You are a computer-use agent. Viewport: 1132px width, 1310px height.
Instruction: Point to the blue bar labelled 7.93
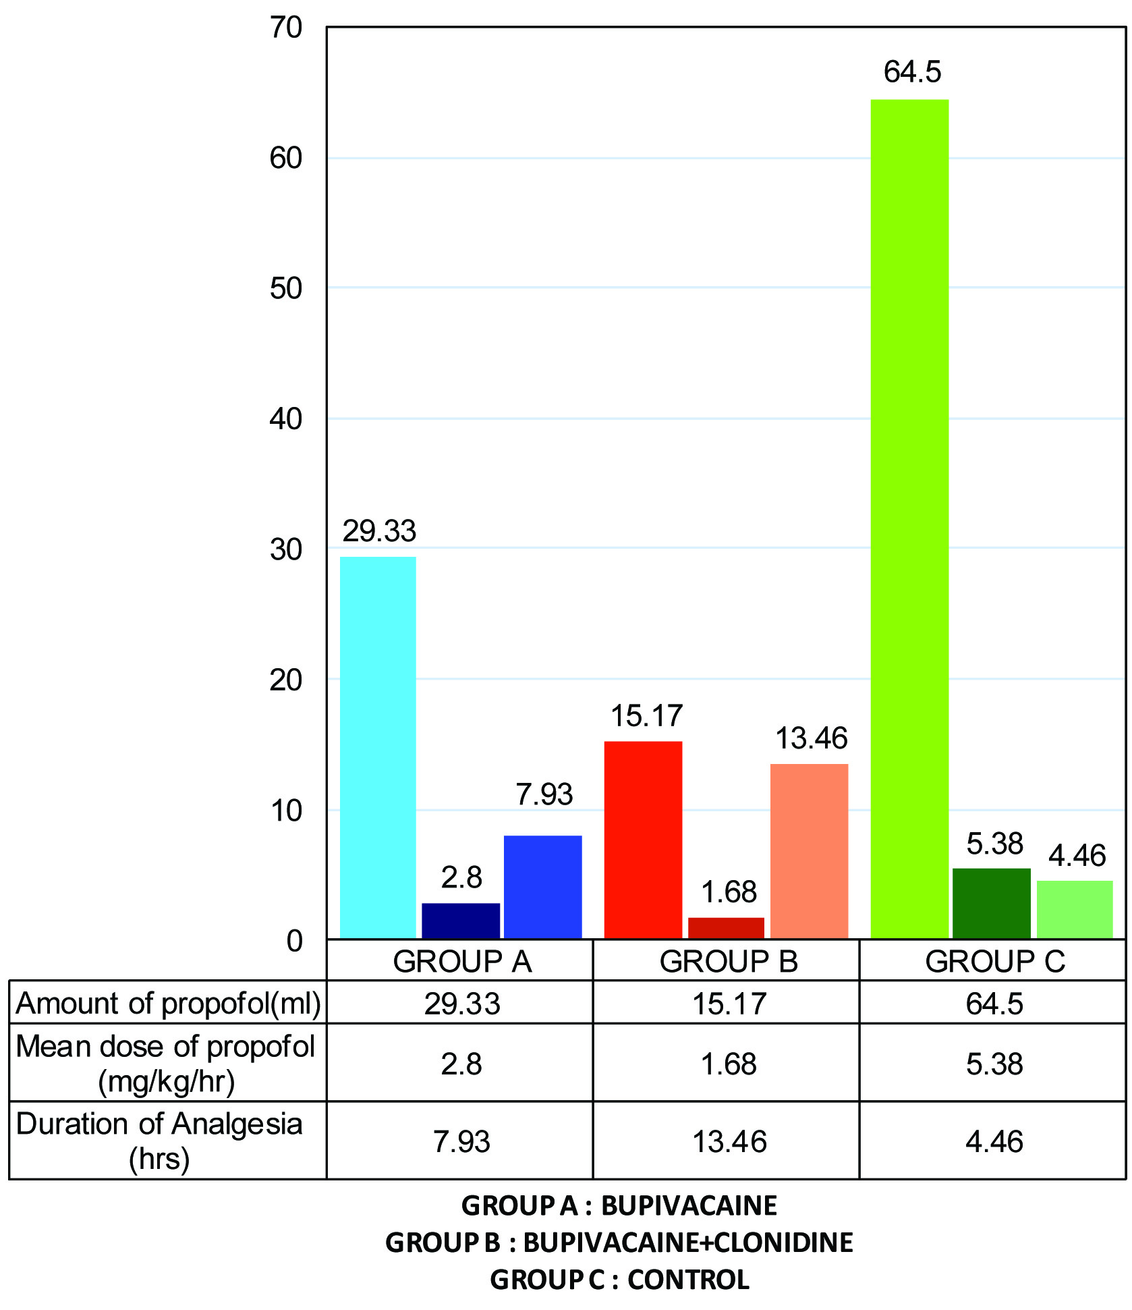coord(542,887)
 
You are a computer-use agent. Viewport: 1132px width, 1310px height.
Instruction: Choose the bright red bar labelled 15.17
coord(643,840)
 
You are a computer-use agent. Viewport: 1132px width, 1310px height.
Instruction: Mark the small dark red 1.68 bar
coord(726,928)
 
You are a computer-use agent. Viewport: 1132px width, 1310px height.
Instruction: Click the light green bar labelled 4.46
coord(1074,909)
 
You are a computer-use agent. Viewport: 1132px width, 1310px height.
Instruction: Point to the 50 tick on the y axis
coord(285,288)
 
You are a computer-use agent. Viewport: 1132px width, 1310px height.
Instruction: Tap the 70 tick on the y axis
coord(285,28)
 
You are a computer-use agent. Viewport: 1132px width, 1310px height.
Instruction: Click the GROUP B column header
coord(729,961)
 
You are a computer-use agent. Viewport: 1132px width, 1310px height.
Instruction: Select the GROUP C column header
coord(994,961)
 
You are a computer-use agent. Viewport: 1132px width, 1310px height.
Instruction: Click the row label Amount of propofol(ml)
coord(168,1004)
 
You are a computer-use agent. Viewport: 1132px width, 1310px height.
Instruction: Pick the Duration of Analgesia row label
coord(160,1141)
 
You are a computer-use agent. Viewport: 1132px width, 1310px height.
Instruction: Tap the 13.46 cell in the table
coord(729,1141)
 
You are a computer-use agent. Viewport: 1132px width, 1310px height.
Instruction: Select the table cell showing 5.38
coord(994,1064)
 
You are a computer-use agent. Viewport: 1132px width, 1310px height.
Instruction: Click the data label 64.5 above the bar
coord(912,72)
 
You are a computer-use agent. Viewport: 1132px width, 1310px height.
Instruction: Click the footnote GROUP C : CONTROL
coord(619,1280)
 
